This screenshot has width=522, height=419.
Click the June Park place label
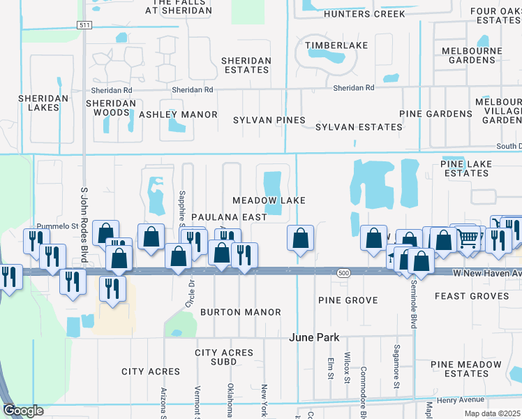coord(314,337)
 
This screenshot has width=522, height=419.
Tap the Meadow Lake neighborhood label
coord(269,200)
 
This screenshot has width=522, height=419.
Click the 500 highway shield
coord(343,272)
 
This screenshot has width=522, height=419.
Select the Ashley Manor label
coord(178,115)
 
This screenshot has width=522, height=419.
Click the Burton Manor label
coord(241,312)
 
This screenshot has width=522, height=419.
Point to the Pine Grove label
coord(348,300)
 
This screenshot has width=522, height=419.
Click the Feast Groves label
coord(482,296)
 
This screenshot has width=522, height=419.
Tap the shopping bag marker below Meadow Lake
coord(300,238)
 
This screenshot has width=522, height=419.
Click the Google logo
coord(23,411)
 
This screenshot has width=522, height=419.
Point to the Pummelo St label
coord(60,226)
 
